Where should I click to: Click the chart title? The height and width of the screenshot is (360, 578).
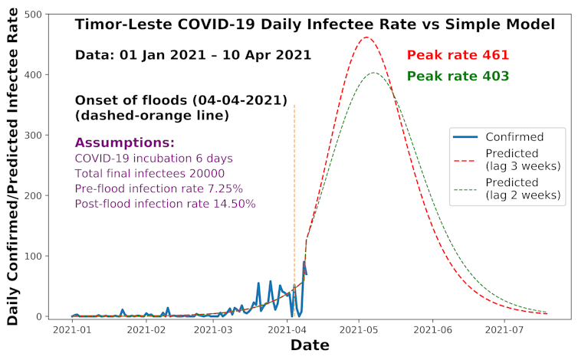click(x=315, y=25)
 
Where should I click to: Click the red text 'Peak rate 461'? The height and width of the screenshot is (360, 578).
click(x=458, y=55)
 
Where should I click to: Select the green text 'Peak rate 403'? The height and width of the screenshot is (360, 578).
click(x=458, y=76)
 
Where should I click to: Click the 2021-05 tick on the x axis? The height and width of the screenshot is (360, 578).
click(x=360, y=332)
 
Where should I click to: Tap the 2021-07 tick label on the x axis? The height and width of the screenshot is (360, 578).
click(x=504, y=332)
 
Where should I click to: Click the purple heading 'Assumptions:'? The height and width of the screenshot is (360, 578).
click(x=125, y=143)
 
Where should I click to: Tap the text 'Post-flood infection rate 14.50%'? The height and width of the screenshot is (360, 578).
click(x=165, y=204)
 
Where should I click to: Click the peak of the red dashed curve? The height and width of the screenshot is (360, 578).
click(x=366, y=37)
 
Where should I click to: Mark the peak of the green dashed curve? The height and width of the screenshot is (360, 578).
click(x=373, y=73)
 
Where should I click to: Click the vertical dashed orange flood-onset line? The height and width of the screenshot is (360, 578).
click(x=294, y=191)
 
